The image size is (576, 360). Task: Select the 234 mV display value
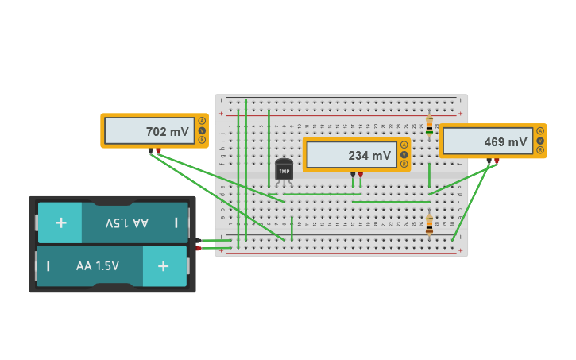click(x=369, y=156)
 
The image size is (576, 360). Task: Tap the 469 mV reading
click(x=505, y=142)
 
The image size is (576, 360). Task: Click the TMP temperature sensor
click(x=284, y=169)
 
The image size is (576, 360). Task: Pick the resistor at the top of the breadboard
click(x=430, y=126)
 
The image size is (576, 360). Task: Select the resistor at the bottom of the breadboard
click(x=430, y=226)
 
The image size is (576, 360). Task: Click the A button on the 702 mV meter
click(x=202, y=121)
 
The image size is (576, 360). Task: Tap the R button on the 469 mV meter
click(x=540, y=150)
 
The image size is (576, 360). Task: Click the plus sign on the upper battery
click(x=61, y=223)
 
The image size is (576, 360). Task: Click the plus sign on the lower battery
click(x=163, y=266)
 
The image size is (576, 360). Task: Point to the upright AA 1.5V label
click(x=98, y=266)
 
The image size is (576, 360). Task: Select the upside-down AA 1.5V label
click(x=127, y=223)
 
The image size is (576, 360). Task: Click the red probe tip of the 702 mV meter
click(x=158, y=151)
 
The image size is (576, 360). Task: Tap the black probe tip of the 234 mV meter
click(x=353, y=175)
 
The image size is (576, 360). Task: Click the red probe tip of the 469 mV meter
click(x=497, y=161)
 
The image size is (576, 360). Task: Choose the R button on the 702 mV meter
click(x=202, y=140)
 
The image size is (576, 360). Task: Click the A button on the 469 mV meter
click(x=540, y=130)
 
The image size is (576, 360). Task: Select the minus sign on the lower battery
click(x=48, y=266)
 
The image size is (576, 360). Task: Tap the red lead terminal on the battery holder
click(x=198, y=248)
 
